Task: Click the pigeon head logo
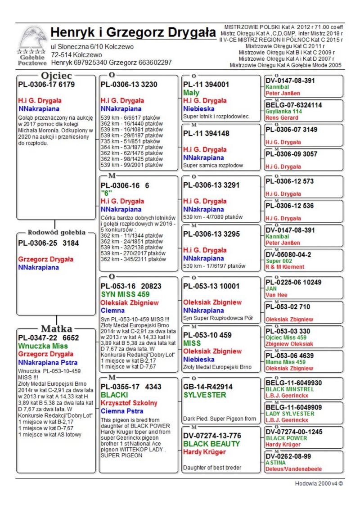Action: (x=33, y=39)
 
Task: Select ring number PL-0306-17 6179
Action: (x=46, y=84)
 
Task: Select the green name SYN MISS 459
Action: (x=125, y=294)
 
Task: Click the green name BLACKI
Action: (x=114, y=395)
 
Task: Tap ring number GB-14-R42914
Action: (x=208, y=387)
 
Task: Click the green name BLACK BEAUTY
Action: (x=211, y=444)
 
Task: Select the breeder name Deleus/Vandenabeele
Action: (x=293, y=468)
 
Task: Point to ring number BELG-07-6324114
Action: (x=293, y=105)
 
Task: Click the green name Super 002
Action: (x=279, y=261)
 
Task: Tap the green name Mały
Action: (x=191, y=92)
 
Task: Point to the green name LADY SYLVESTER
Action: (x=290, y=414)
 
